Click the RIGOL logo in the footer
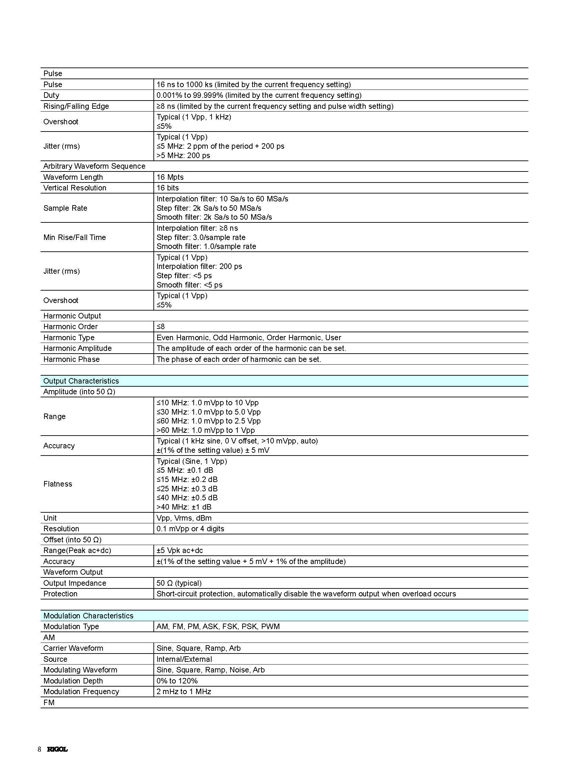[57, 749]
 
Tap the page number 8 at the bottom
[39, 749]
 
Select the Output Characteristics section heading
[81, 380]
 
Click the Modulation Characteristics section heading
[88, 615]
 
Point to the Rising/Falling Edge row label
[76, 106]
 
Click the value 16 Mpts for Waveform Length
[170, 177]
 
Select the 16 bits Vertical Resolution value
[168, 188]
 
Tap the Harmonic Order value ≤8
[161, 326]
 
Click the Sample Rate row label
[65, 208]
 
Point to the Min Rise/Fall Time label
[74, 237]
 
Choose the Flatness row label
[57, 484]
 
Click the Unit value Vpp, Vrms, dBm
[184, 518]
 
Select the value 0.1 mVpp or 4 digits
[190, 529]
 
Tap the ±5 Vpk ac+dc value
[180, 550]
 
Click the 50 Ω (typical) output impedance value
[179, 583]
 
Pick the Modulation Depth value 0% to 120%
[177, 681]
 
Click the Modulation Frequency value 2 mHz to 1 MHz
[184, 691]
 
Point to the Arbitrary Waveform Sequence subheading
[94, 166]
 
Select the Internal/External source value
[184, 659]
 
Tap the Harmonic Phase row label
[71, 359]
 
